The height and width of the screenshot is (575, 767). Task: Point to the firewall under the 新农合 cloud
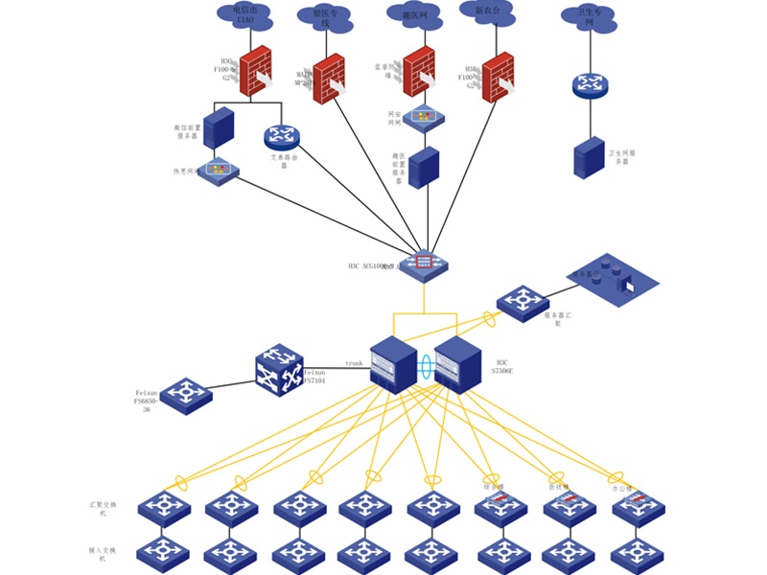[x=498, y=77]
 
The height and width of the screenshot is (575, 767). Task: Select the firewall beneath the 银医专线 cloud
[x=328, y=78]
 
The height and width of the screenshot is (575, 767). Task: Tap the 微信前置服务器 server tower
[x=220, y=127]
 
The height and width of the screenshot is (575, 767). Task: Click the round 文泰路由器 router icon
[x=281, y=137]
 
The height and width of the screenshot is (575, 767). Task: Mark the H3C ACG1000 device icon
[x=423, y=264]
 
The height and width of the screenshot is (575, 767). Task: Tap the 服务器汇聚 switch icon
[x=522, y=303]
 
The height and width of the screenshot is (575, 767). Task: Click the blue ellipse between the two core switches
[x=425, y=365]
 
